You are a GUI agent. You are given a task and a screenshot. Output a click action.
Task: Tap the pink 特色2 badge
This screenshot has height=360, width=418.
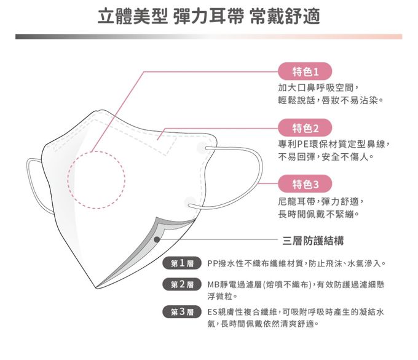(x=305, y=128)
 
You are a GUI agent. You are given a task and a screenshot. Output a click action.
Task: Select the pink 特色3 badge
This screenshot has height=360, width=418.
(x=305, y=185)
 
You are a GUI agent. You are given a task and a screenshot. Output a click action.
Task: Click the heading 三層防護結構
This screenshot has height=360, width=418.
(x=313, y=240)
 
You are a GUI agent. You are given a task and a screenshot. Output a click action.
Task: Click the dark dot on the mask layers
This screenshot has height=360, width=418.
(x=157, y=239)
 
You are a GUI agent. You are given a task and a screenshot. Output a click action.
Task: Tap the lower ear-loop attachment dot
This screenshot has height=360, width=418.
(x=190, y=202)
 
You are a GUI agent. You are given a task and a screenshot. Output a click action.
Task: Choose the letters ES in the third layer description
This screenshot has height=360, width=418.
(x=213, y=312)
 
